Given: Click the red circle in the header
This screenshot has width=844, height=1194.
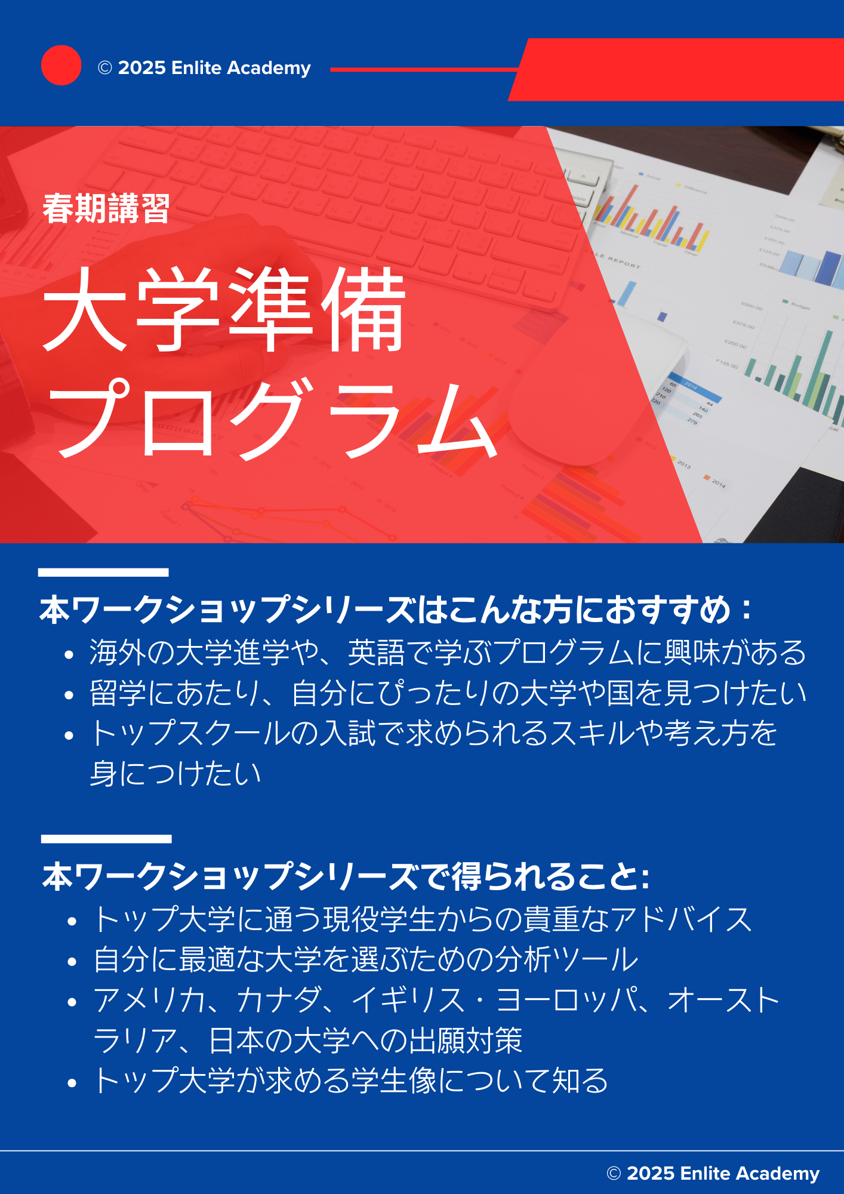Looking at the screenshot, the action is click(x=61, y=65).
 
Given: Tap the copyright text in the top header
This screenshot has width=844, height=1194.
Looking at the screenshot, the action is click(x=204, y=68).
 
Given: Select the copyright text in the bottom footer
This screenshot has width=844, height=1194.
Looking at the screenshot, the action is click(x=713, y=1173).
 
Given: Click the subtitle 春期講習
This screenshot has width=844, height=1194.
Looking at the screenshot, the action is click(x=106, y=208).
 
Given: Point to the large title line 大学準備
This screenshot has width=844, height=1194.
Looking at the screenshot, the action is click(x=224, y=309).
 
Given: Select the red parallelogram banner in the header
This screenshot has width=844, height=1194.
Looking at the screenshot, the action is click(x=676, y=70).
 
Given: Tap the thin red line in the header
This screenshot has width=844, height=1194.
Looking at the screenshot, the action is click(x=424, y=70).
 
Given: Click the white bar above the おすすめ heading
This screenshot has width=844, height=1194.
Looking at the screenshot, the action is click(x=103, y=572).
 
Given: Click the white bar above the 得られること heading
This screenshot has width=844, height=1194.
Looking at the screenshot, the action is click(x=106, y=839).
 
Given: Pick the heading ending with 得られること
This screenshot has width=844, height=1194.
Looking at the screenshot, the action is click(x=346, y=876).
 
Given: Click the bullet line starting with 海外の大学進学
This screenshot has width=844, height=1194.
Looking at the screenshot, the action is click(x=448, y=652).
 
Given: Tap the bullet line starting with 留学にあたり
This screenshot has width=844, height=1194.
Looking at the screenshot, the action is click(x=448, y=693).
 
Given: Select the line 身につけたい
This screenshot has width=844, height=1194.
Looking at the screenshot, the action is click(x=175, y=774).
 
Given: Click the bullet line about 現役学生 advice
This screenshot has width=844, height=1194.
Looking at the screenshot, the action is click(x=423, y=919).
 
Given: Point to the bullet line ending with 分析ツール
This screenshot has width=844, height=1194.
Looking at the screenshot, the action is click(x=366, y=959).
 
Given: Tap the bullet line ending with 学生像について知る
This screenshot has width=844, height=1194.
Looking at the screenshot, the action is click(x=351, y=1081).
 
